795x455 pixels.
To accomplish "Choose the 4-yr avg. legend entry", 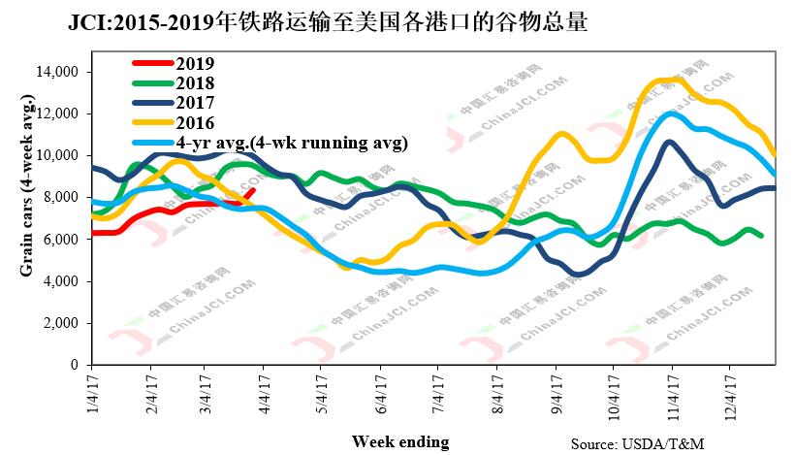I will click(x=292, y=143).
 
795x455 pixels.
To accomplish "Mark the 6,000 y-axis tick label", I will click(x=59, y=240).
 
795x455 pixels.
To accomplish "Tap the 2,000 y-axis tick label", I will click(x=59, y=323).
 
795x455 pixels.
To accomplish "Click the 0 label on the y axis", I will click(x=73, y=365).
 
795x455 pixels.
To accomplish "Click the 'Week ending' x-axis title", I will click(x=400, y=441).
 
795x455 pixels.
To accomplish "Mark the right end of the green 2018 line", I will click(x=762, y=235).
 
